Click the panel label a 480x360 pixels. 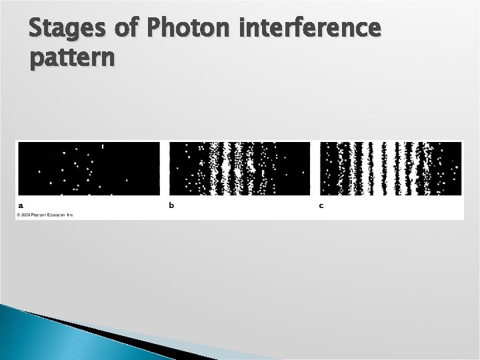(21, 205)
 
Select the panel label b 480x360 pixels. (171, 205)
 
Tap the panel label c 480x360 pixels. (321, 205)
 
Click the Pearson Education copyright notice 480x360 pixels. (45, 215)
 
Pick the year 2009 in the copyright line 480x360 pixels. (27, 215)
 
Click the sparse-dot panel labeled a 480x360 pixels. (89, 169)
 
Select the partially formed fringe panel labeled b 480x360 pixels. (239, 169)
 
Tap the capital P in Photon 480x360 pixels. (154, 31)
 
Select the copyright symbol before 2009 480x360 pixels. (19, 215)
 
